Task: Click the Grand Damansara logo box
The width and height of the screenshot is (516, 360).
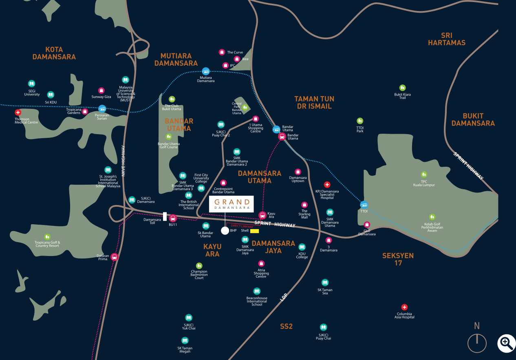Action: pyautogui.click(x=232, y=204)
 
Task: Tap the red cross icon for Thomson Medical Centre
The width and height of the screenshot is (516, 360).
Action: pyautogui.click(x=18, y=112)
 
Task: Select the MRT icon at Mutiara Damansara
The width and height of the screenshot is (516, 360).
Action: pyautogui.click(x=206, y=71)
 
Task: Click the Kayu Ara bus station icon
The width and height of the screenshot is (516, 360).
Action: pyautogui.click(x=262, y=215)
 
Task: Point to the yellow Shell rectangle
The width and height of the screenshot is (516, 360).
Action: pyautogui.click(x=255, y=231)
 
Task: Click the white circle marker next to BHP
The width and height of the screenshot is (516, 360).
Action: pyautogui.click(x=225, y=231)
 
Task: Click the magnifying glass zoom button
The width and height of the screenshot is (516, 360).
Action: pyautogui.click(x=506, y=343)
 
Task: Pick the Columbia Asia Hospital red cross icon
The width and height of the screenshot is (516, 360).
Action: pyautogui.click(x=404, y=307)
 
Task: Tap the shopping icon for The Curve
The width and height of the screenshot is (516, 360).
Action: pyautogui.click(x=222, y=52)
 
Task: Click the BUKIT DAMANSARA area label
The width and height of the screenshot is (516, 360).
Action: pyautogui.click(x=473, y=119)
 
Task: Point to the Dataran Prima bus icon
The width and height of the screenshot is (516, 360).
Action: pyautogui.click(x=115, y=257)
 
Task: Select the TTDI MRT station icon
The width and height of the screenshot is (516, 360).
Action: pyautogui.click(x=364, y=205)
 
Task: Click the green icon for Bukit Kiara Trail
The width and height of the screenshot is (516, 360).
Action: pyautogui.click(x=403, y=88)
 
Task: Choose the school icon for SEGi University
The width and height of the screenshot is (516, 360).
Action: pyautogui.click(x=31, y=84)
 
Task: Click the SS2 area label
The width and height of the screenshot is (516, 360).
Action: pyautogui.click(x=286, y=327)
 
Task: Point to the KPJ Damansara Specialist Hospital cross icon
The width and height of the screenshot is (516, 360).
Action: pyautogui.click(x=327, y=185)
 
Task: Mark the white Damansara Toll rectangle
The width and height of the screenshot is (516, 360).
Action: pyautogui.click(x=165, y=216)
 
